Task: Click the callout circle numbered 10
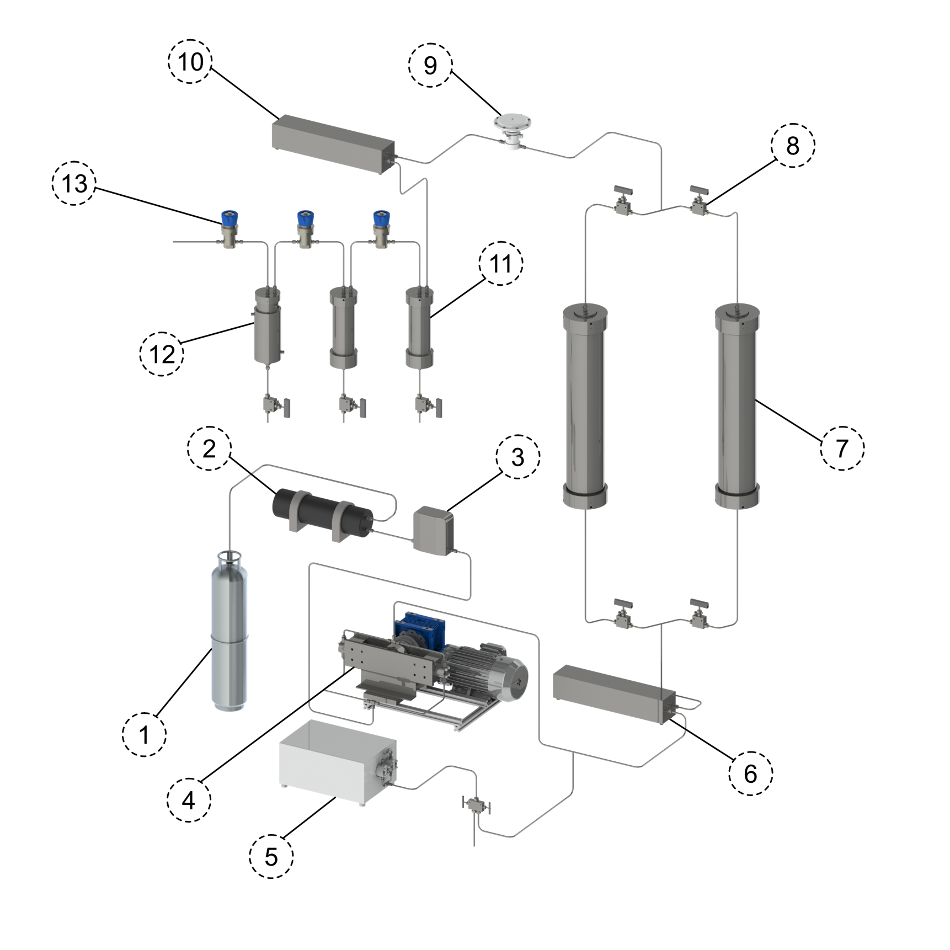pos(190,61)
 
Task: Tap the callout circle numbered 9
pos(430,65)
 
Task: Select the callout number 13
pos(74,183)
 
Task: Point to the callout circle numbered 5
pos(271,856)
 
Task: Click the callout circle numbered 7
pos(842,448)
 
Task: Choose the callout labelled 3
pos(517,456)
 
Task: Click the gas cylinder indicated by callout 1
pos(230,631)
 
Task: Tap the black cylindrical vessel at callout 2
pos(323,515)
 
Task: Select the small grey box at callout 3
pos(434,530)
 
